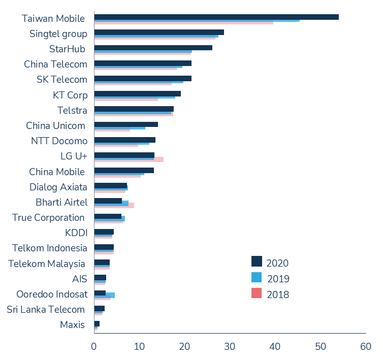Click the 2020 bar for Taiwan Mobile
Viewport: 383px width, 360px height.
216,17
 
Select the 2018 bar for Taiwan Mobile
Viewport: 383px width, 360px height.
183,23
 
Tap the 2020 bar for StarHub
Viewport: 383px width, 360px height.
153,48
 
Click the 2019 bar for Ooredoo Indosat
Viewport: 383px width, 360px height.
110,295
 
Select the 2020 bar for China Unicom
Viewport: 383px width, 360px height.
126,124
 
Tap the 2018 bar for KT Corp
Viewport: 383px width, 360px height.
126,100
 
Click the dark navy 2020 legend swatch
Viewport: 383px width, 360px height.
257,261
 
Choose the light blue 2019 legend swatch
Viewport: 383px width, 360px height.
257,277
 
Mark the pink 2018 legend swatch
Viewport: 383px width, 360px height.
257,293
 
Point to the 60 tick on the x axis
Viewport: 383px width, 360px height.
365,346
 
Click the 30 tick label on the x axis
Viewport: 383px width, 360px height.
230,346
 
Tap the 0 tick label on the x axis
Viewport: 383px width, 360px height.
94,346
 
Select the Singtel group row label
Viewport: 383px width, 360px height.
58,34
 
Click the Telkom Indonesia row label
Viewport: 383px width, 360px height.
50,248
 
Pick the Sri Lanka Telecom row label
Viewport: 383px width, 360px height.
46,309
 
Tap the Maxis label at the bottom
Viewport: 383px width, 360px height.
73,324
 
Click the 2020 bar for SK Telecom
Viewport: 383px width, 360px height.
143,78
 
